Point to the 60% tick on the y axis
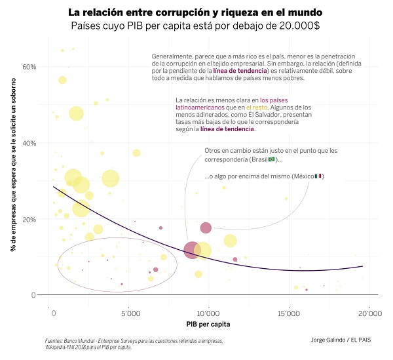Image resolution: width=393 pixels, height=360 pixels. click(29, 67)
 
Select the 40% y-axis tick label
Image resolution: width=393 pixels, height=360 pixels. click(29, 143)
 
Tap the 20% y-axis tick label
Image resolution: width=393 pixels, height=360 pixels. click(29, 219)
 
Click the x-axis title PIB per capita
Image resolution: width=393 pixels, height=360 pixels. click(208, 324)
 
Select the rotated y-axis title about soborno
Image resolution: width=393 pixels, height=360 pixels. click(13, 177)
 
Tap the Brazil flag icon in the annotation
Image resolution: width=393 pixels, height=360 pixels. click(272, 160)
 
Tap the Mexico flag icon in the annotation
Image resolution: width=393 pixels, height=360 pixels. click(318, 176)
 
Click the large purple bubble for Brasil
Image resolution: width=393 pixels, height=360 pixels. click(191, 250)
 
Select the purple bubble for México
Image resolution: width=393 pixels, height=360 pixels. click(206, 228)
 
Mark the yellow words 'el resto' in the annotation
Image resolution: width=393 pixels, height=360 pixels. click(257, 106)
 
